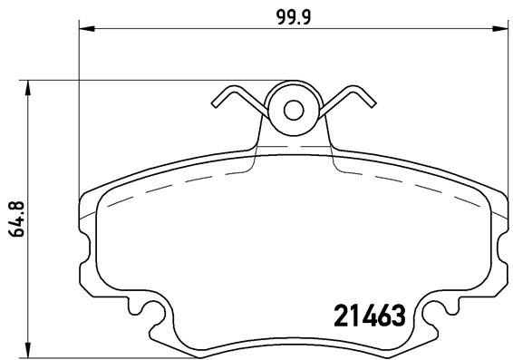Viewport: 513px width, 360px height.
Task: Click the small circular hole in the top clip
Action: pos(294,110)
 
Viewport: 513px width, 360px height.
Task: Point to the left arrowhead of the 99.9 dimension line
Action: pos(87,30)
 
